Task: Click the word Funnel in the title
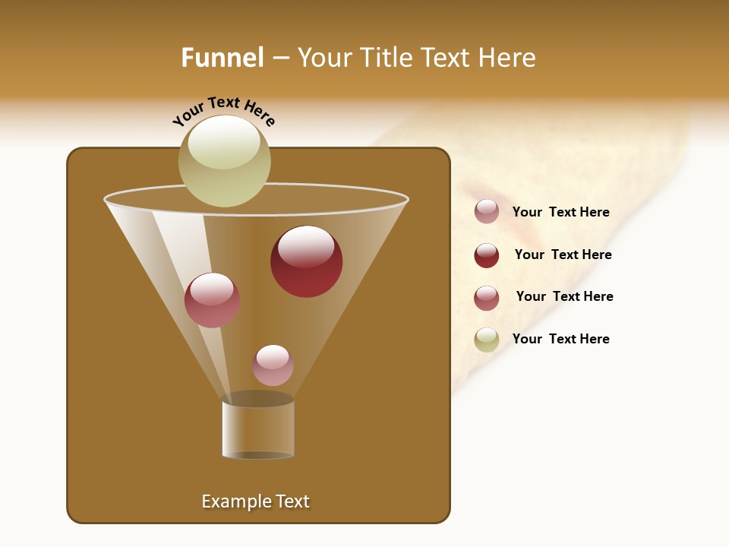coord(222,58)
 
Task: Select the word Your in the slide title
coord(324,58)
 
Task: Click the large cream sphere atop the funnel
coord(224,160)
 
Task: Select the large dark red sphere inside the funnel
coord(306,261)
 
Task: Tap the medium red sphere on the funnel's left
coord(212,300)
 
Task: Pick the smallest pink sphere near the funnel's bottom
coord(273,365)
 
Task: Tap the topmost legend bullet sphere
coord(486,211)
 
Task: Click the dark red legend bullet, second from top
coord(486,255)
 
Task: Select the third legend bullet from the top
coord(486,298)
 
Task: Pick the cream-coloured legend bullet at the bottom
coord(486,340)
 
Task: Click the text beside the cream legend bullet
coord(560,339)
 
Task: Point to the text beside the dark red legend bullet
coord(563,255)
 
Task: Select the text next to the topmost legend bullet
coord(560,212)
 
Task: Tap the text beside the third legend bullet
coord(564,296)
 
